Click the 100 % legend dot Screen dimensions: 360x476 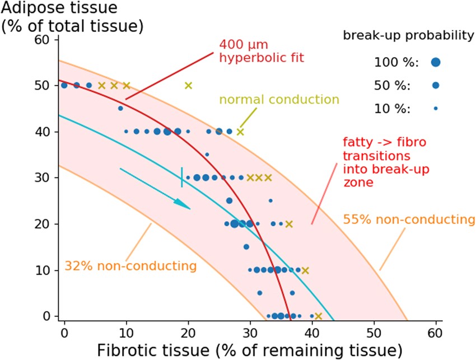pos(436,63)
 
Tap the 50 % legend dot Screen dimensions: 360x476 pos(436,85)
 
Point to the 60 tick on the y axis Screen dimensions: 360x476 pos(46,40)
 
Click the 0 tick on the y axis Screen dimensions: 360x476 pos(46,316)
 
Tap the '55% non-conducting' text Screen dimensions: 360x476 pos(408,219)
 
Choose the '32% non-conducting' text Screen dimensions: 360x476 pos(130,265)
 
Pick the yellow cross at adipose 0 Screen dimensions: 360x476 pos(318,316)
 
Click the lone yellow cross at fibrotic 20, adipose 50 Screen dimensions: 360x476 pos(188,86)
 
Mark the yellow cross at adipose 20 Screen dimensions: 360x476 pos(289,224)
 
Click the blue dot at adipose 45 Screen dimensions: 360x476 pos(120,109)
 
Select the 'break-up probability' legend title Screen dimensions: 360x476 pos(409,36)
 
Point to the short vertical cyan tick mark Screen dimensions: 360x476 pos(181,177)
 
